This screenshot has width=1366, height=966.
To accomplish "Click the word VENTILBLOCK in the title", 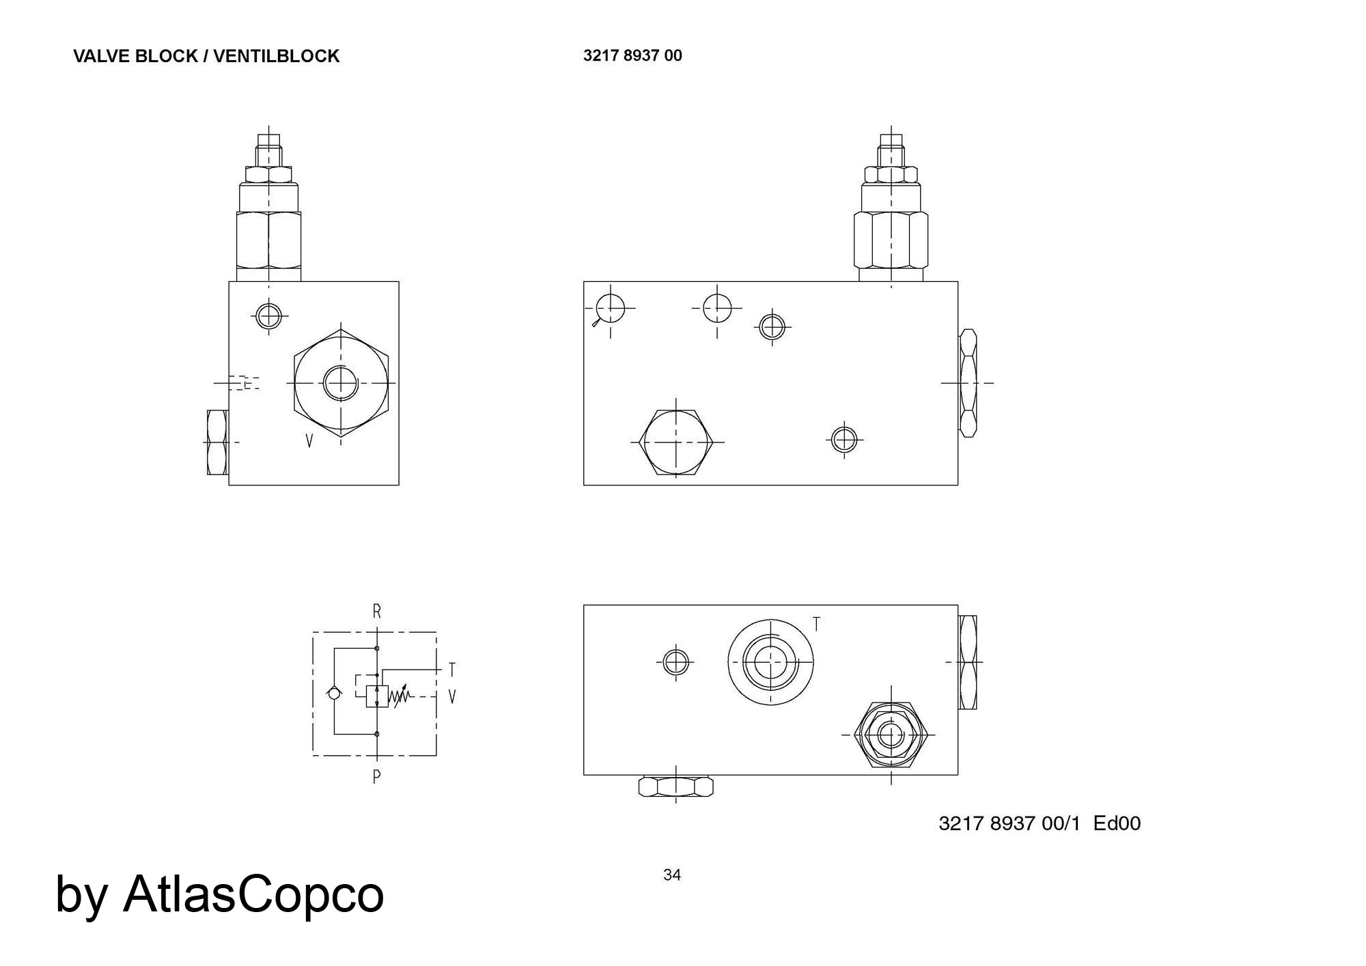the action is (x=276, y=56).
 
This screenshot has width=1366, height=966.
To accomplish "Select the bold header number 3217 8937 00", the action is (x=632, y=55).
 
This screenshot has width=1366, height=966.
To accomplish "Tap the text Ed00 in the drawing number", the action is (x=1117, y=823).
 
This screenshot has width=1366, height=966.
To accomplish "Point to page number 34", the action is (x=672, y=875).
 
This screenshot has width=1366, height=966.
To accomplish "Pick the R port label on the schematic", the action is (x=377, y=612).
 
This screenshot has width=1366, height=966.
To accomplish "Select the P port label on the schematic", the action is (x=377, y=776).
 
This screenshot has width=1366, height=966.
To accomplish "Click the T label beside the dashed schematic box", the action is (x=452, y=670).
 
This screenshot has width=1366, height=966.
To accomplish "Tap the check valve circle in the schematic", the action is (x=334, y=693).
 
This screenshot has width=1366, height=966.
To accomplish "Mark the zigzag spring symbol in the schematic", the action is (x=400, y=695).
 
